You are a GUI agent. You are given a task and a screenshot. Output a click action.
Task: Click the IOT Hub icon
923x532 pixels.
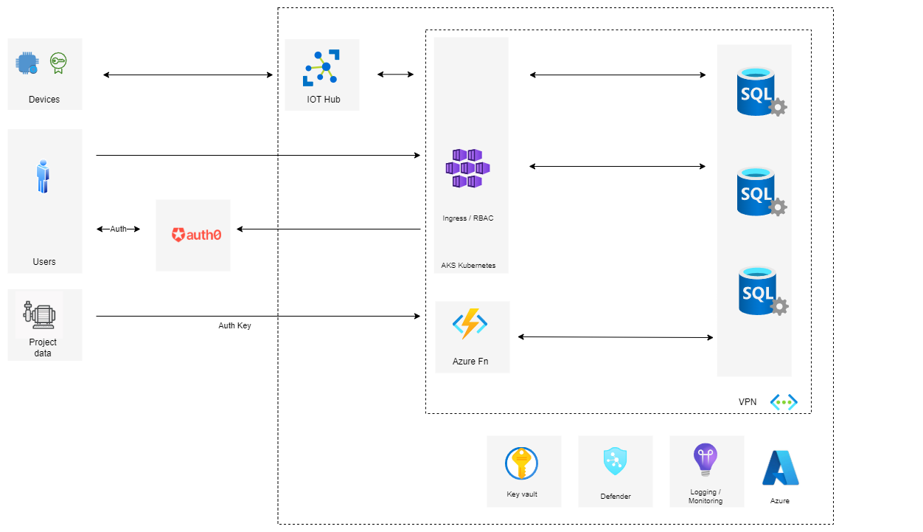pos(321,68)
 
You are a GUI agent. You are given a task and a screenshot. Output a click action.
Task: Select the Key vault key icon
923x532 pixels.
pos(521,463)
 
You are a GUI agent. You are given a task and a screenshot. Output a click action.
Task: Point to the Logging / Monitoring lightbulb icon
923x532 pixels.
pos(705,460)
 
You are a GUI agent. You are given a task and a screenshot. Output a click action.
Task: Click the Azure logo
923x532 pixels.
pos(780,468)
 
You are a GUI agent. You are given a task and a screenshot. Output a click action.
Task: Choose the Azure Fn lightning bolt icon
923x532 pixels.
pos(470,324)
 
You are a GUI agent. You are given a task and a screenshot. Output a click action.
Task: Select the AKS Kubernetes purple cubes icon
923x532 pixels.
pos(467,168)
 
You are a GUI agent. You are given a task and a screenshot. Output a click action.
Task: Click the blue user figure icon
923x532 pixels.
pos(44,176)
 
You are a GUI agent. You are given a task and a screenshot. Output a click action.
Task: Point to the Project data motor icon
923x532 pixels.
pos(39,314)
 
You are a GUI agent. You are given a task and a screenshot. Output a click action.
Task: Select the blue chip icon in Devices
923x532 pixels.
pos(27,63)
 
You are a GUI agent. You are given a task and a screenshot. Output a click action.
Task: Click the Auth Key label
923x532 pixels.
pos(234,325)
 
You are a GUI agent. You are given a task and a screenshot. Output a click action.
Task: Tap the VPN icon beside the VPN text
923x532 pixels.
pos(783,402)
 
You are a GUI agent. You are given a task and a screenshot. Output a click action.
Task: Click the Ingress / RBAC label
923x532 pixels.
pos(468,218)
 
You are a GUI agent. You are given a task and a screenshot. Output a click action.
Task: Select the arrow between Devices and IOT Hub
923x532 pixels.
pos(188,75)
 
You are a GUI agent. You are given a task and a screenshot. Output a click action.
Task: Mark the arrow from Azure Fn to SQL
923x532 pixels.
pos(616,337)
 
